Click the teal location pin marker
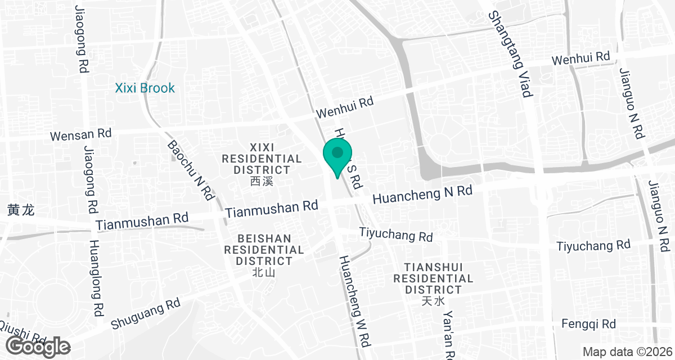click(337, 157)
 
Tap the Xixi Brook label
click(145, 88)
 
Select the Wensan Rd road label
click(80, 135)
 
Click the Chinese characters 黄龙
click(21, 210)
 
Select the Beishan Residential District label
click(264, 250)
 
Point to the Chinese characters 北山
click(263, 273)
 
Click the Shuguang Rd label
click(146, 314)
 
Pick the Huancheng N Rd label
click(422, 195)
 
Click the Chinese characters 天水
click(433, 301)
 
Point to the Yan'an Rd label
click(448, 335)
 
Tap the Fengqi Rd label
click(588, 324)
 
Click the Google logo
click(38, 346)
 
